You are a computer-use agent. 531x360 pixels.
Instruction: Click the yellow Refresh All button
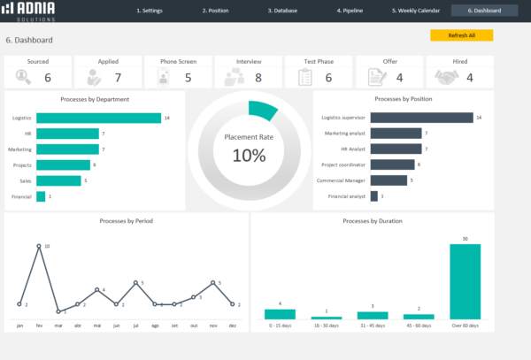pyautogui.click(x=461, y=35)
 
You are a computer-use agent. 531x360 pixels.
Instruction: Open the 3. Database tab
pyautogui.click(x=282, y=11)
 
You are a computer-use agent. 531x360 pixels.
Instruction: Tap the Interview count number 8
pyautogui.click(x=258, y=78)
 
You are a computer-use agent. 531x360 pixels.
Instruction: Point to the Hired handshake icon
pyautogui.click(x=448, y=78)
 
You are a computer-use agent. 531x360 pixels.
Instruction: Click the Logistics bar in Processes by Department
pyautogui.click(x=98, y=118)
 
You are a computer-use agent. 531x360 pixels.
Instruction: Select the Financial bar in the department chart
pyautogui.click(x=41, y=196)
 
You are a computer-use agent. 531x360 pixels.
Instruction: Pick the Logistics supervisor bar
pyautogui.click(x=421, y=118)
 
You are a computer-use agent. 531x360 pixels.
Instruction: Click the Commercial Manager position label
pyautogui.click(x=342, y=180)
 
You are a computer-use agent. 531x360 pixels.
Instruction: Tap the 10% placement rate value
pyautogui.click(x=249, y=156)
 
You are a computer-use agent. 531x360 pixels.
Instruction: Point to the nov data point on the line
pyautogui.click(x=212, y=283)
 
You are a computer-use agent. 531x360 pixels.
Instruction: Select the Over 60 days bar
pyautogui.click(x=465, y=281)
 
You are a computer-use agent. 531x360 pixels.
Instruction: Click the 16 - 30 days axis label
pyautogui.click(x=326, y=326)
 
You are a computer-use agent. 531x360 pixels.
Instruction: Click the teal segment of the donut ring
pyautogui.click(x=264, y=110)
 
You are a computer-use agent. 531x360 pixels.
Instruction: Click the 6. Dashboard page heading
pyautogui.click(x=29, y=40)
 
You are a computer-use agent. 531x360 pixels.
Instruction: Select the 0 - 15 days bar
pyautogui.click(x=280, y=314)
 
